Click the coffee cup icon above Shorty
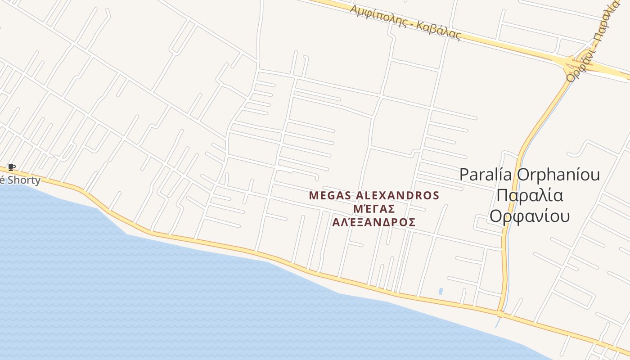12,167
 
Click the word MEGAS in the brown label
330,196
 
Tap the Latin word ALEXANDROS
397,196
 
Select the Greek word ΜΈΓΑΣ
374,209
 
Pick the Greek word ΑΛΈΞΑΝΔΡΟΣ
374,222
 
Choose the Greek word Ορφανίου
530,216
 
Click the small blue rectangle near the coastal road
441,291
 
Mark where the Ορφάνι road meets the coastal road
500,313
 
